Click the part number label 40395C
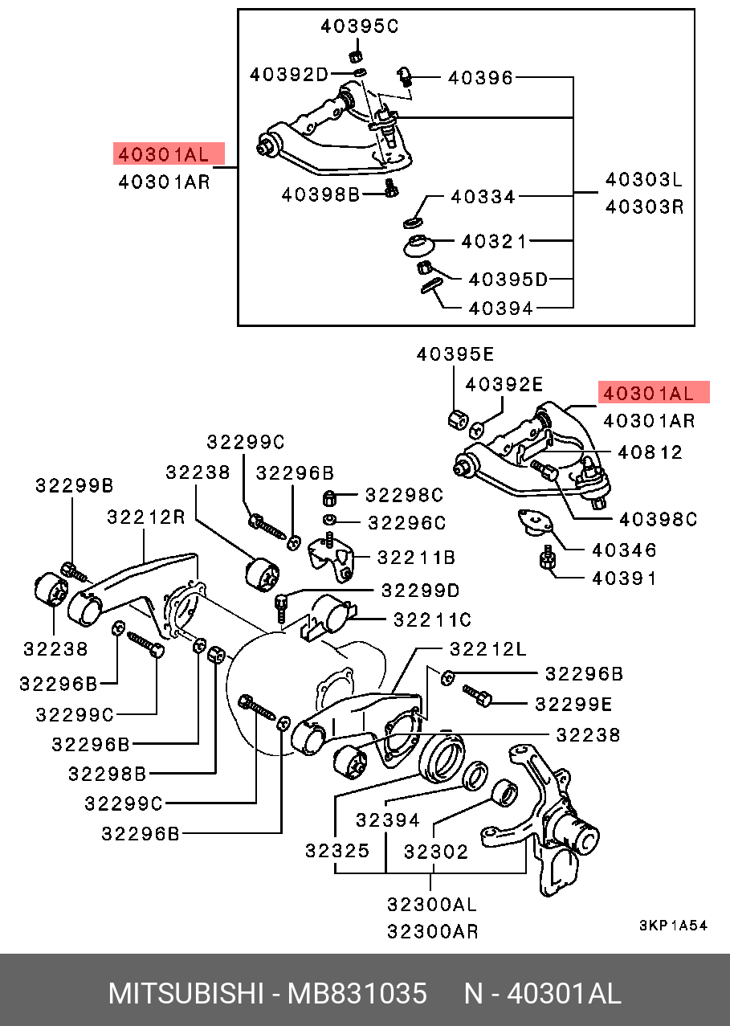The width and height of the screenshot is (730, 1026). [x=359, y=27]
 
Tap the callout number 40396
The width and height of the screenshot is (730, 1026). [x=480, y=78]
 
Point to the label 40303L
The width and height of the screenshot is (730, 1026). [x=644, y=179]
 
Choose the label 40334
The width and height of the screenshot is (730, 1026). [x=483, y=196]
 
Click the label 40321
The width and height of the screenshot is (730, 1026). [x=494, y=241]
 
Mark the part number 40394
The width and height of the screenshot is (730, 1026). [x=501, y=308]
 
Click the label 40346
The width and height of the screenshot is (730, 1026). [x=624, y=550]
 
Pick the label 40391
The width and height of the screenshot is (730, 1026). [x=624, y=578]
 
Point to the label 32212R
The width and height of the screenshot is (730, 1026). [x=146, y=517]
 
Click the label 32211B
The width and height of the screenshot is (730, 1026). [x=417, y=556]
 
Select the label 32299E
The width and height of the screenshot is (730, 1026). [x=573, y=704]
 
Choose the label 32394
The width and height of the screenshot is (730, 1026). [x=388, y=820]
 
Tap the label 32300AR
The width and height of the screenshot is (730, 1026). [x=433, y=931]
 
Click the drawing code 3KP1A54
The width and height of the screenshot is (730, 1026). [x=673, y=926]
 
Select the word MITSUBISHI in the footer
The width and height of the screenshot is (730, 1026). [x=186, y=994]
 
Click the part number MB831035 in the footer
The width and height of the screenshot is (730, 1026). [x=357, y=994]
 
